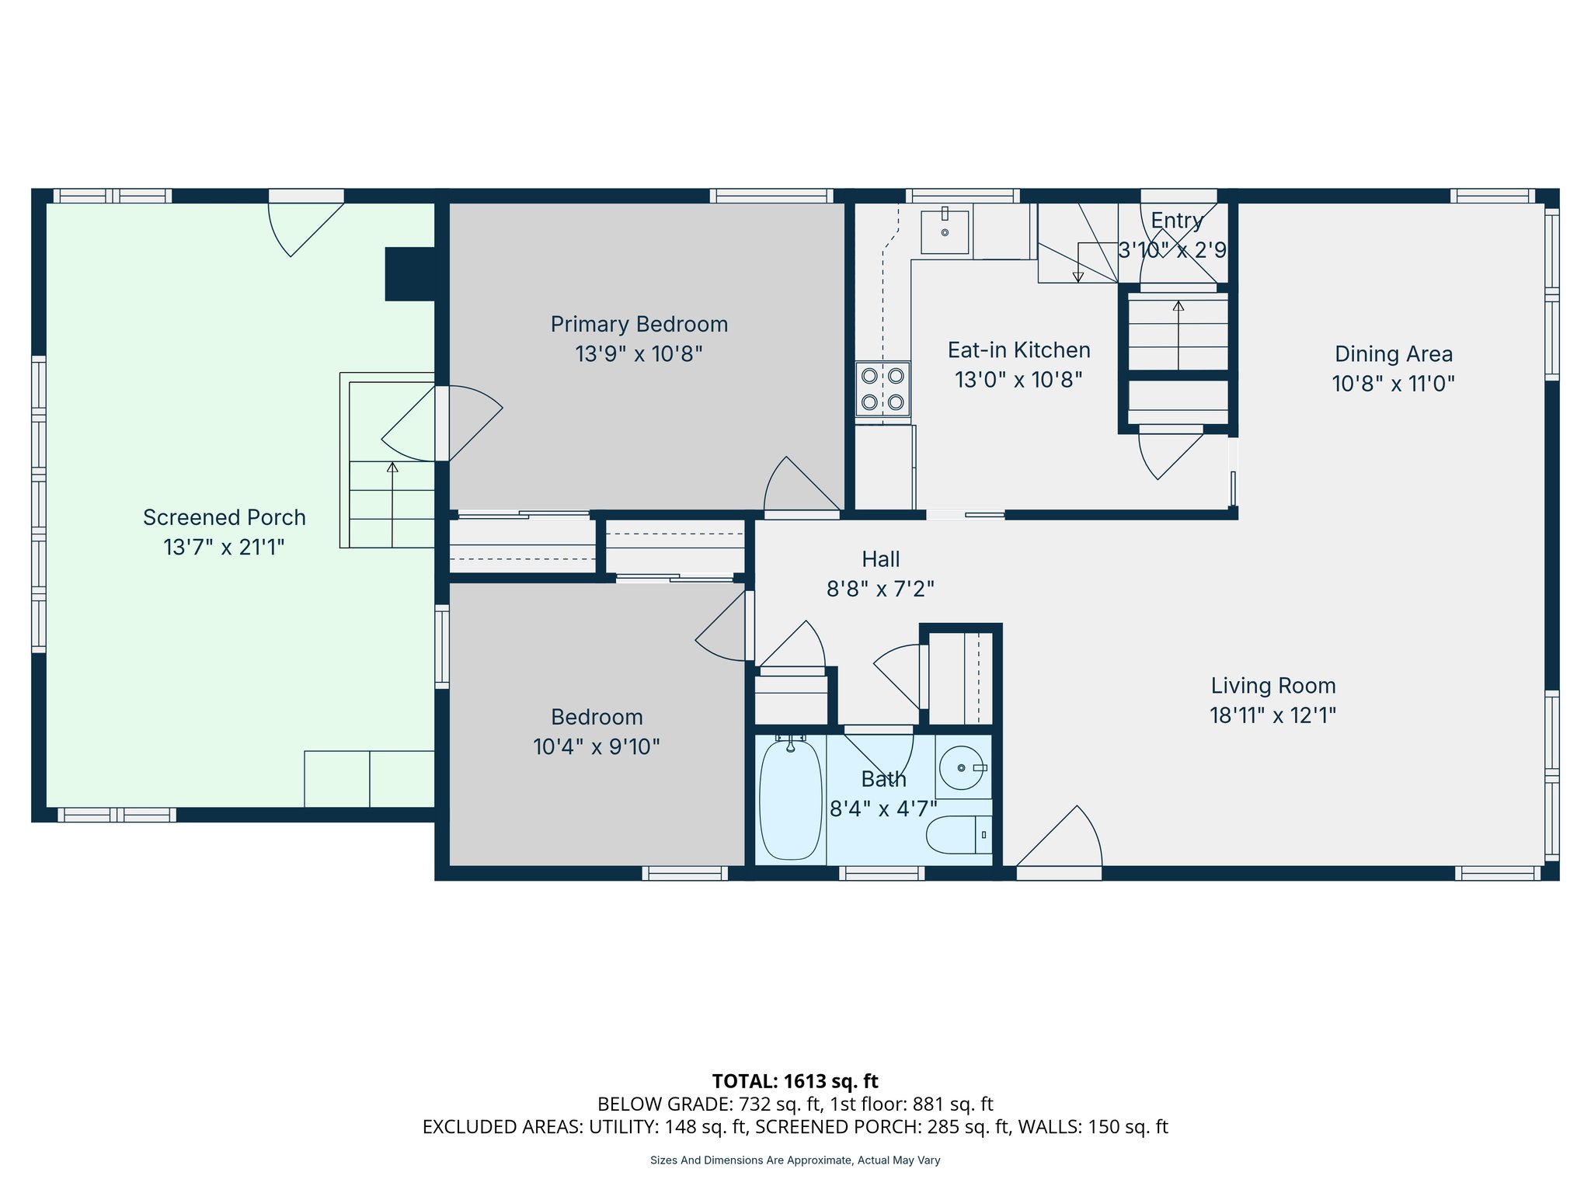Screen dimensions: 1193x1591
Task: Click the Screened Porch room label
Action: coord(224,517)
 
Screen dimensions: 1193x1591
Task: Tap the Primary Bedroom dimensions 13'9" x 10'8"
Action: coord(639,354)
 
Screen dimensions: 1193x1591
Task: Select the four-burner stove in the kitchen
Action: coord(883,389)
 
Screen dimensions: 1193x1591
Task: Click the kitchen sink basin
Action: coord(945,231)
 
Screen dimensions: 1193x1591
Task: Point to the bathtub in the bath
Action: coord(790,800)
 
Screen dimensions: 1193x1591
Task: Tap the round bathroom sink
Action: coord(961,768)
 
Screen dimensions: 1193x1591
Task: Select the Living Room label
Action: coord(1272,686)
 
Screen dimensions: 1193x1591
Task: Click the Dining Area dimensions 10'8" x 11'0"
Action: coord(1393,384)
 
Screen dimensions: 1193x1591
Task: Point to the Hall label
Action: coord(880,559)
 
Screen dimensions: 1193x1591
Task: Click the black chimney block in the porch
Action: coord(410,274)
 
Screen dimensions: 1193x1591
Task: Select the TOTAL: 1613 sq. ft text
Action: coord(795,1081)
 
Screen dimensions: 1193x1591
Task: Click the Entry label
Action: coord(1176,221)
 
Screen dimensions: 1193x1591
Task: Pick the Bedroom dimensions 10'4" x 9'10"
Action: coord(596,747)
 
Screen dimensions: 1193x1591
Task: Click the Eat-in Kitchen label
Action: coord(1018,350)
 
